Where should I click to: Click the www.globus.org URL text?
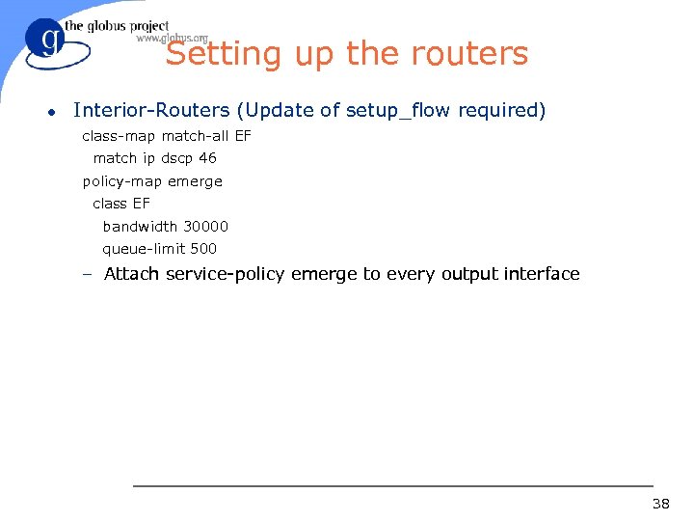[172, 39]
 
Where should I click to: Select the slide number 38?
[660, 503]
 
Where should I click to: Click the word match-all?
[196, 136]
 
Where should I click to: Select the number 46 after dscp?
[207, 158]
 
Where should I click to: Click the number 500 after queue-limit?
[202, 249]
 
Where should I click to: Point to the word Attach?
[132, 274]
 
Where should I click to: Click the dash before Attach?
[87, 275]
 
